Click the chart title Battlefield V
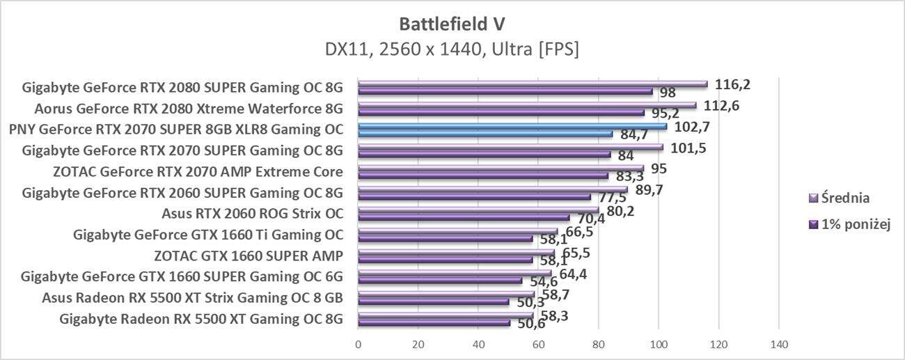click(x=452, y=24)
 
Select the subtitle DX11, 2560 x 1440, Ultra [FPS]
click(x=452, y=49)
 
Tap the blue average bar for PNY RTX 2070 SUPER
click(x=512, y=127)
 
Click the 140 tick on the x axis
click(x=778, y=344)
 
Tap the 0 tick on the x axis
click(x=358, y=344)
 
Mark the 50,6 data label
click(x=530, y=324)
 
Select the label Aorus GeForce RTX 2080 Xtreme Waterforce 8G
click(x=189, y=109)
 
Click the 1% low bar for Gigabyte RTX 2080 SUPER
click(x=505, y=91)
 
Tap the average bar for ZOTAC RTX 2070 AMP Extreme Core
click(x=501, y=169)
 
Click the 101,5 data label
click(x=687, y=148)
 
